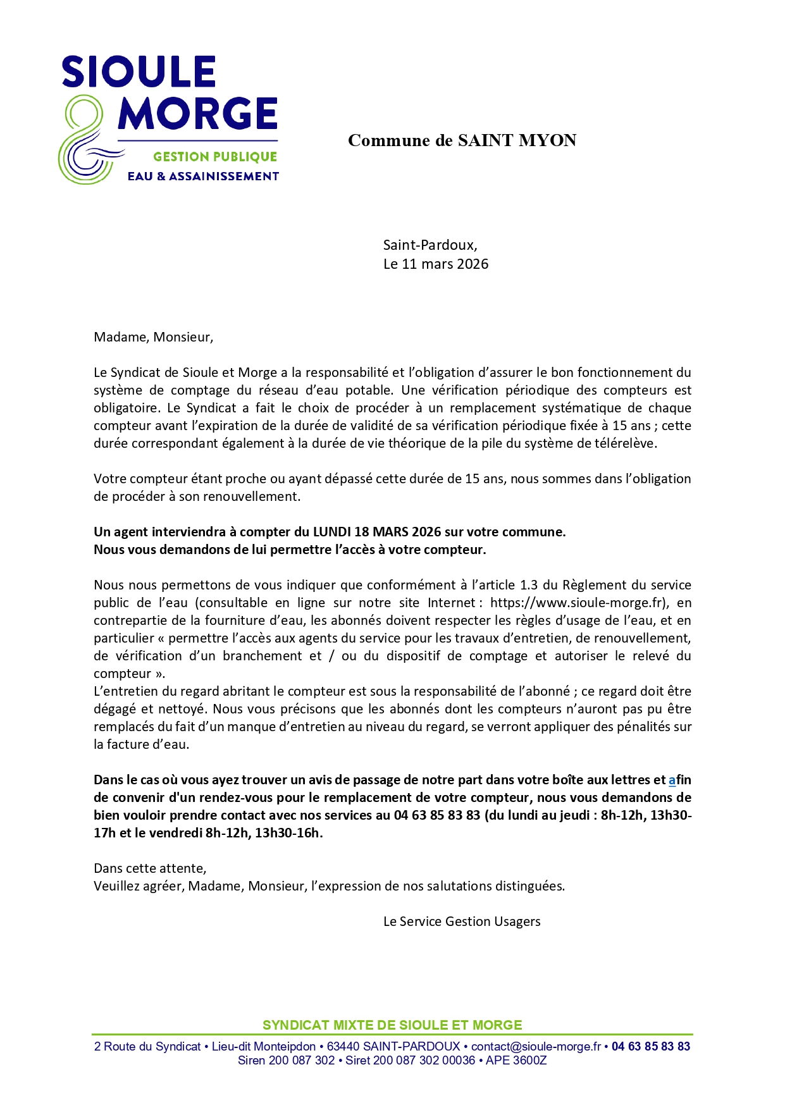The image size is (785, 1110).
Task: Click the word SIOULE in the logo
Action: click(139, 71)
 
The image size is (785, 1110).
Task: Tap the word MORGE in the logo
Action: click(197, 114)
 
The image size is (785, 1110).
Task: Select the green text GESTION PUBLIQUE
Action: click(215, 157)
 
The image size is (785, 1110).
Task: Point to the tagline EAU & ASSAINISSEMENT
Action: click(203, 176)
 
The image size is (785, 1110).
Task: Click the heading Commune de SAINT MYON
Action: click(462, 140)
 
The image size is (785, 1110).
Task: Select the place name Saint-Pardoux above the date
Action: click(430, 245)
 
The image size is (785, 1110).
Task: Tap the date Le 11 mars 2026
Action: click(436, 264)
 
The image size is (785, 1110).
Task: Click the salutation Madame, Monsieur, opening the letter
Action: click(154, 337)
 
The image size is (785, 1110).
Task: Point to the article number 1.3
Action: click(529, 585)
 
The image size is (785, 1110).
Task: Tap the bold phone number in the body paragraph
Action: click(437, 815)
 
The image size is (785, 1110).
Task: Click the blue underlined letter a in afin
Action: click(672, 780)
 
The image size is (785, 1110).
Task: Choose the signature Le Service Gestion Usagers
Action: click(462, 922)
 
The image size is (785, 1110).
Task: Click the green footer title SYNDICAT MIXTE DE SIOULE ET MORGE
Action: click(392, 1025)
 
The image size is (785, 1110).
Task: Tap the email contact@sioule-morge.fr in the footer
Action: click(536, 1047)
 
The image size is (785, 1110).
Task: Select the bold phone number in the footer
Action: click(651, 1047)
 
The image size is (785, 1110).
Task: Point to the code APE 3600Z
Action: click(516, 1061)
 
